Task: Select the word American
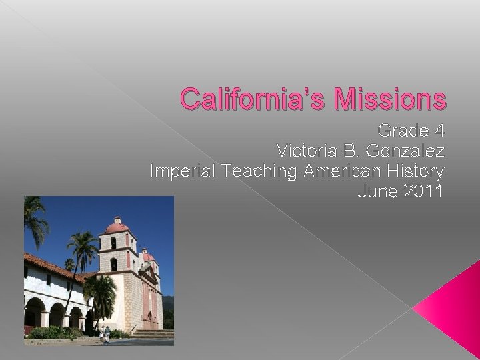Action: pyautogui.click(x=342, y=171)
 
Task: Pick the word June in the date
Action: pyautogui.click(x=375, y=193)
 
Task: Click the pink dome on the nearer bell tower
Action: pyautogui.click(x=117, y=226)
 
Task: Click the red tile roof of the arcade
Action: pyautogui.click(x=50, y=265)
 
